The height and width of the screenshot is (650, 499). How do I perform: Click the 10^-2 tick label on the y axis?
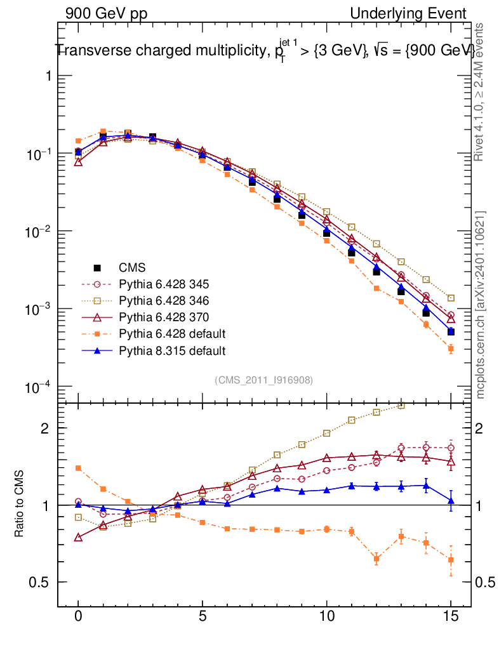36,232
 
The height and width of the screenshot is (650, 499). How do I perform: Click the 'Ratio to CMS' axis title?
20,505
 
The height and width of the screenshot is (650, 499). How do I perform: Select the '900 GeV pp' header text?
105,13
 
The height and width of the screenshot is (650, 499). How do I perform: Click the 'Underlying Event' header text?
408,13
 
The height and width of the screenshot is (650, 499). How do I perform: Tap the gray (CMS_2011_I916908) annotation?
263,380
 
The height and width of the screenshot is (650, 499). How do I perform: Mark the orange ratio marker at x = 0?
78,468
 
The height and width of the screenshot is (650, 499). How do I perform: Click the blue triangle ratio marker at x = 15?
451,501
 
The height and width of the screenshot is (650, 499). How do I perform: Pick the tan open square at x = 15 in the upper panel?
451,298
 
